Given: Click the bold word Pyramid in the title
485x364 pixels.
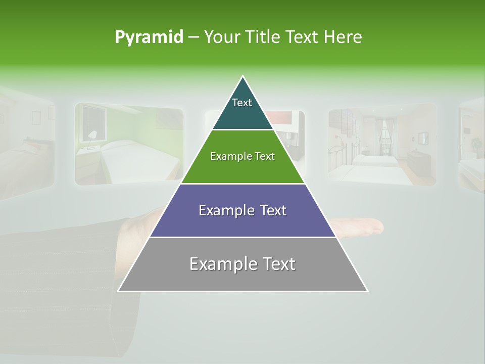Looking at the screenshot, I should [x=149, y=37].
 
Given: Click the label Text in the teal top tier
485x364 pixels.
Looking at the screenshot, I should [x=242, y=103].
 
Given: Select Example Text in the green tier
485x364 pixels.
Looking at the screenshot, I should [x=243, y=156].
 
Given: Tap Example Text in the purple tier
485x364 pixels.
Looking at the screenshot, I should [x=243, y=210].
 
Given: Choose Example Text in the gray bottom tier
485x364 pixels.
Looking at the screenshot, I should [x=243, y=264].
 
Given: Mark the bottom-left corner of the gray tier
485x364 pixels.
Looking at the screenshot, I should [x=118, y=291].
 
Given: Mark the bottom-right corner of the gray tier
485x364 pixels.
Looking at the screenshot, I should [x=367, y=291].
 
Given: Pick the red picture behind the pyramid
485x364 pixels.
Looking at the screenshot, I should [x=283, y=119].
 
